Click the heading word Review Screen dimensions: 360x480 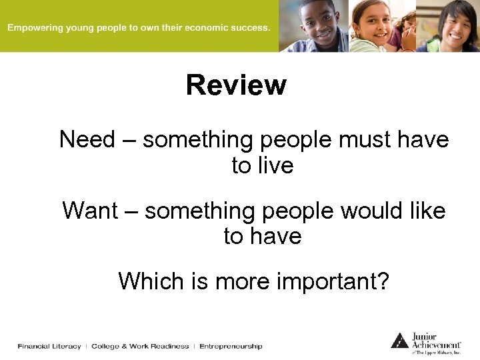pos(236,85)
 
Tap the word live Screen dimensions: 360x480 pos(274,165)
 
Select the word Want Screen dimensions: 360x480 pos(87,211)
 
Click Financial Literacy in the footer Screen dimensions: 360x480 pos(49,346)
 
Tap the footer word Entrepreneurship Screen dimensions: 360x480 pos(231,346)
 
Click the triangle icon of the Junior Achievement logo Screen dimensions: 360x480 pos(399,340)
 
